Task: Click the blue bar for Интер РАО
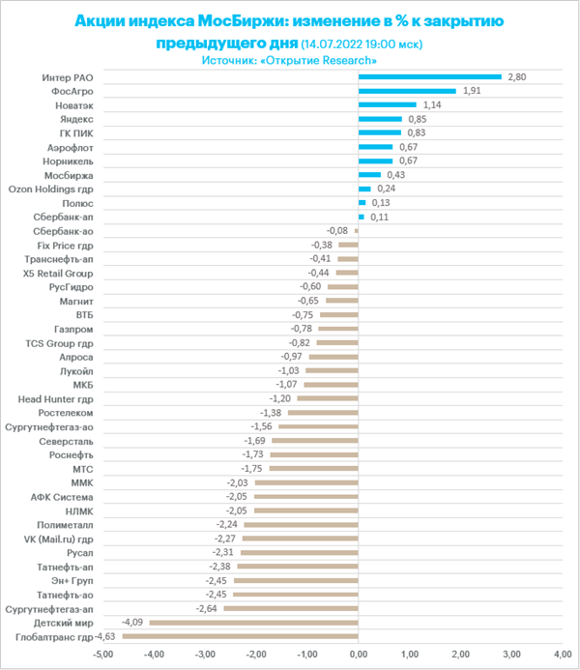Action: tap(430, 77)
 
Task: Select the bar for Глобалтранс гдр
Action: tap(241, 637)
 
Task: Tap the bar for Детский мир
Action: tap(254, 623)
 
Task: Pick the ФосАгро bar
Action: tap(408, 91)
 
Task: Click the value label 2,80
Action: tap(517, 77)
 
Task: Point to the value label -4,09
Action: tap(132, 623)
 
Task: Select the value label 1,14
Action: tap(432, 104)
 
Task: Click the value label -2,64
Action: tap(206, 608)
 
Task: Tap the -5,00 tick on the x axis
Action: tap(102, 655)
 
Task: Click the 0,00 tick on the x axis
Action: tap(359, 655)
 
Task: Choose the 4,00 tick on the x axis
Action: tap(563, 655)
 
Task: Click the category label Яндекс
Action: tap(76, 119)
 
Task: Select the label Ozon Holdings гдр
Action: tap(51, 189)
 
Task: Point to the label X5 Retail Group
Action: tap(58, 274)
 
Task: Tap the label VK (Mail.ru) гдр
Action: tap(59, 539)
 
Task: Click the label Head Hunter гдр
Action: tap(55, 399)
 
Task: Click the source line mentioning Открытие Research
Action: tap(289, 60)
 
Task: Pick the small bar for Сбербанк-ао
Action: tap(357, 231)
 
